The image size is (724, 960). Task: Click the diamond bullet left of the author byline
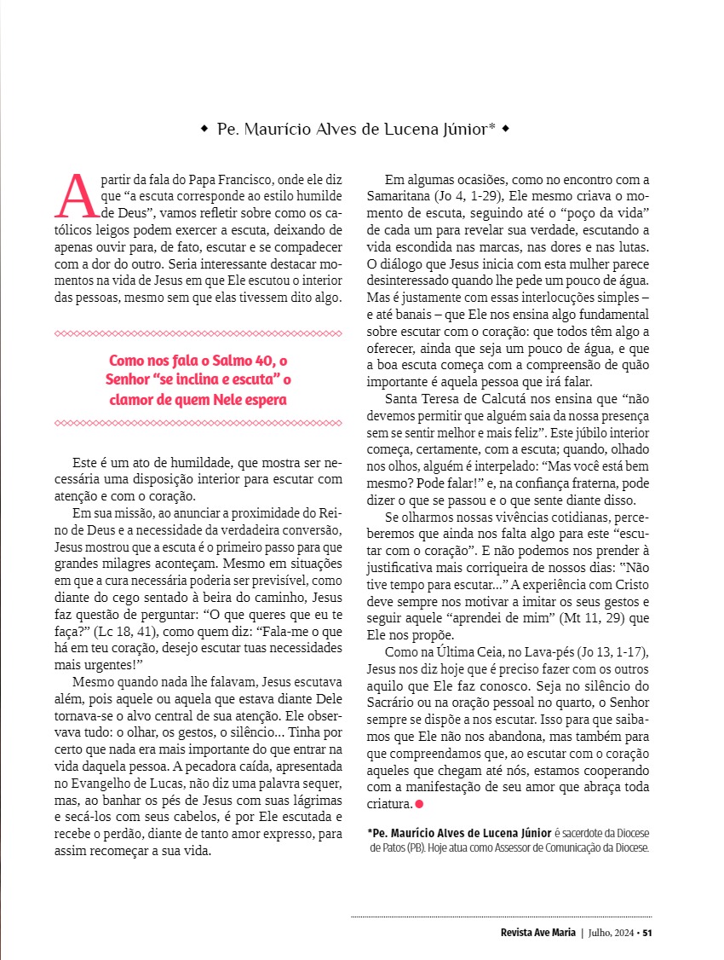click(x=204, y=130)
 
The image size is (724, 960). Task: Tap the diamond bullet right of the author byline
click(x=506, y=130)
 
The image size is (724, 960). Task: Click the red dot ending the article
click(x=419, y=804)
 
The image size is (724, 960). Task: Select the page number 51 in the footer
click(x=647, y=932)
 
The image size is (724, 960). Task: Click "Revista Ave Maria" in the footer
click(x=538, y=932)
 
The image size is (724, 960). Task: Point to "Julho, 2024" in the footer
click(x=612, y=932)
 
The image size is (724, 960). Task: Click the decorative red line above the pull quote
click(x=198, y=333)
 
